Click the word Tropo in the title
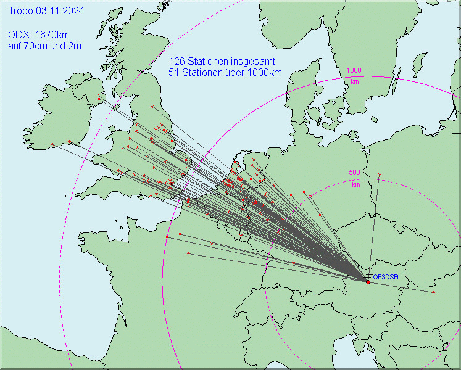(21, 11)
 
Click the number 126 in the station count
(177, 62)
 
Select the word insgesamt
(252, 62)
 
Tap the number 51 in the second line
(173, 72)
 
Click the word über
(235, 72)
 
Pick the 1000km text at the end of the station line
(265, 72)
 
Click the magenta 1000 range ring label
(354, 71)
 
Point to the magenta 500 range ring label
(355, 173)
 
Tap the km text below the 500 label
(356, 184)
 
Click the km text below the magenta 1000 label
(355, 81)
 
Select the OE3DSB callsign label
(386, 277)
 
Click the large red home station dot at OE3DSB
(368, 282)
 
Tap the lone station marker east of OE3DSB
(433, 292)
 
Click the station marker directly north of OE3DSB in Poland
(379, 174)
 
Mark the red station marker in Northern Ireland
(98, 97)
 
